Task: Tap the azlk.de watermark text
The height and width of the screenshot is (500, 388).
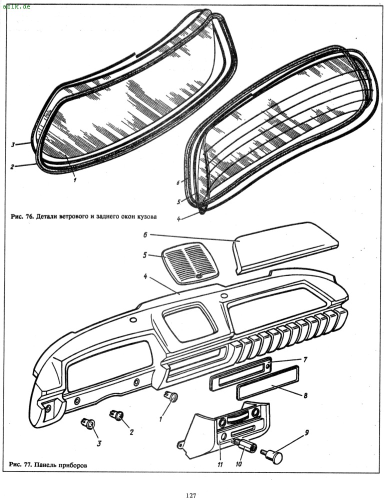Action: coord(16,6)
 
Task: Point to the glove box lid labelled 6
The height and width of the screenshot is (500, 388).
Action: coord(285,247)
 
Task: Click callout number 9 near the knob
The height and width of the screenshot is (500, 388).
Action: coord(306,432)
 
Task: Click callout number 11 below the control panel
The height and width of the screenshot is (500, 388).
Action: coord(220,464)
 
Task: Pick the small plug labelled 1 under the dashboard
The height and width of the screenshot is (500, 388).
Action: coord(172,397)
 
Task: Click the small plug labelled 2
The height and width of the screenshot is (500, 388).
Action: coord(117,415)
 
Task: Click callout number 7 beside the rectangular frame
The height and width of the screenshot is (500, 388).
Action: coord(305,359)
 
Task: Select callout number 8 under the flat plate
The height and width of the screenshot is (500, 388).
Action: coord(305,395)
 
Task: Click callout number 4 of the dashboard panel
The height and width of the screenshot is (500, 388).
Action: coord(145,276)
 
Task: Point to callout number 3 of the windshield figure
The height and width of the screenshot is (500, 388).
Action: coord(13,145)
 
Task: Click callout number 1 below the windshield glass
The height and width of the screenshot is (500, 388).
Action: coord(75,180)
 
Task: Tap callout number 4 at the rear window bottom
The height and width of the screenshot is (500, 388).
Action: coord(179,219)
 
